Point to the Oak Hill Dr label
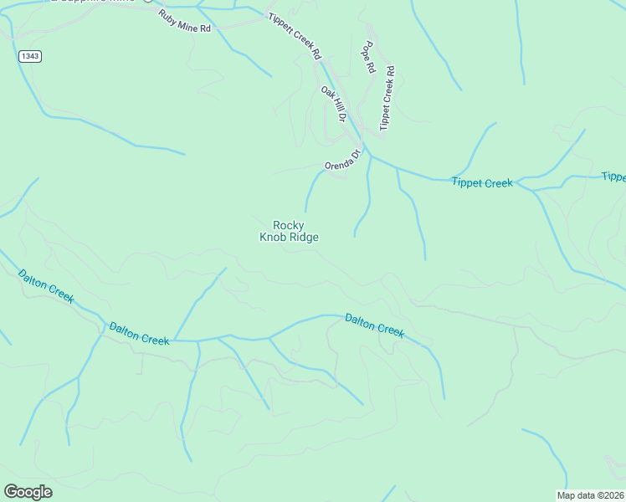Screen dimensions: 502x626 click(x=333, y=104)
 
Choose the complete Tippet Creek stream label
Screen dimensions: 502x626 click(x=481, y=182)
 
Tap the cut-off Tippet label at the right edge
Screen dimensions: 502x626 click(x=613, y=177)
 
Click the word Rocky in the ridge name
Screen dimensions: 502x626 click(x=289, y=224)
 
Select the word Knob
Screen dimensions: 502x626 click(x=273, y=237)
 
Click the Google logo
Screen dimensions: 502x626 click(x=28, y=492)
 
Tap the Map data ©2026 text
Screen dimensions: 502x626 click(x=590, y=495)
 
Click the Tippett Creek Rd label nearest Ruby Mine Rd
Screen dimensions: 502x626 click(x=295, y=36)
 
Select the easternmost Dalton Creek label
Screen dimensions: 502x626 click(x=375, y=325)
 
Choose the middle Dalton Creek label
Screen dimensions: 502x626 click(x=139, y=332)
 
